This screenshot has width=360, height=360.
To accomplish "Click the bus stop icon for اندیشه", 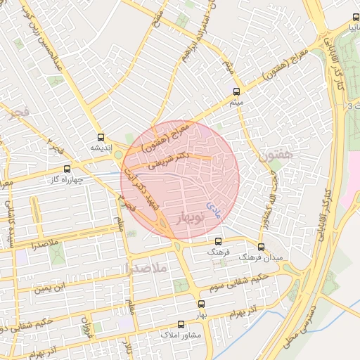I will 101,138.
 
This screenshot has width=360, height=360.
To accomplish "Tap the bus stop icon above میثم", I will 236,91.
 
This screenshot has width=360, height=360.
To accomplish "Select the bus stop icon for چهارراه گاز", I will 67,169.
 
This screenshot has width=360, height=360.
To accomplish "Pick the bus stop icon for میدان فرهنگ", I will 262,247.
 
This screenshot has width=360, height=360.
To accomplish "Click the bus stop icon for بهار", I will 202,304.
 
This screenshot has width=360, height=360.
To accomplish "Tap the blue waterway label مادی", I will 212,206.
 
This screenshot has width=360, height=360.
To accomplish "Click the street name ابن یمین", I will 55,287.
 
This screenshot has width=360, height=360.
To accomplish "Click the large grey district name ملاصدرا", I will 146,268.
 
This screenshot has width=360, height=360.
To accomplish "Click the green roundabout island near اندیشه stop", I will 118,155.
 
